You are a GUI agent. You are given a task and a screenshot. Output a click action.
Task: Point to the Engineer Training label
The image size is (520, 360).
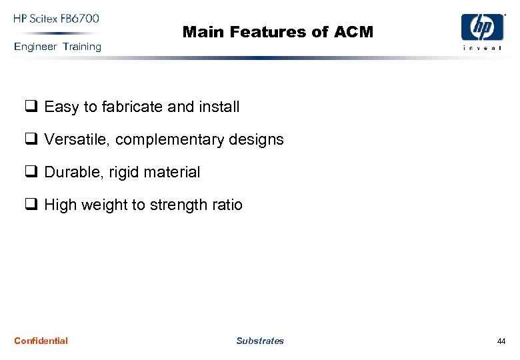[57, 47]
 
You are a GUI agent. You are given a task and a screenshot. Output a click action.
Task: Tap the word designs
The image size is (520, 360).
[257, 140]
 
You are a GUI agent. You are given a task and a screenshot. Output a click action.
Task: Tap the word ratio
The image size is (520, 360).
[227, 205]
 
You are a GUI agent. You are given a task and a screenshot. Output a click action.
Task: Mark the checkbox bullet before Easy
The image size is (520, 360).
[31, 107]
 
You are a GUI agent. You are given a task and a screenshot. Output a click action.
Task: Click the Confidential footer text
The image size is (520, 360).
[41, 341]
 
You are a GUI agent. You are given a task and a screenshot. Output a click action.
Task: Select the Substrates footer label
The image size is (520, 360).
[260, 341]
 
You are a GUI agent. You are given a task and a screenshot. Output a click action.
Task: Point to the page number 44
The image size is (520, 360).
[501, 341]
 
